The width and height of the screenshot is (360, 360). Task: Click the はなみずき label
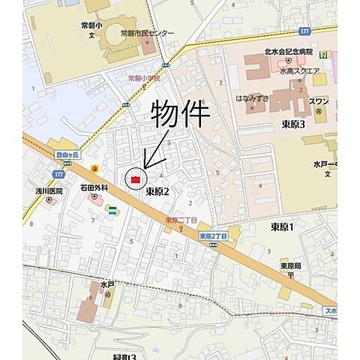250,97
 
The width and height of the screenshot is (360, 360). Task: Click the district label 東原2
157,192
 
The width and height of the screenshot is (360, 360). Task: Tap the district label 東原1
282,226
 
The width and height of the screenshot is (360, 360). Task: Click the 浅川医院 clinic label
48,190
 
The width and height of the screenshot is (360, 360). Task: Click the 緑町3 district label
124,355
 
